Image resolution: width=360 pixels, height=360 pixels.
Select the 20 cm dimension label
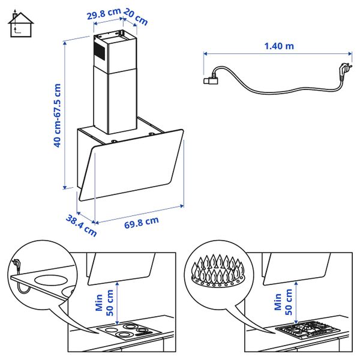pos(137,18)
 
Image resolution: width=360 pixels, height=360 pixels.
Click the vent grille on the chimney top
pos(100,50)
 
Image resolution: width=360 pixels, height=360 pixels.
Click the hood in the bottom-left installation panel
pos(120,268)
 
